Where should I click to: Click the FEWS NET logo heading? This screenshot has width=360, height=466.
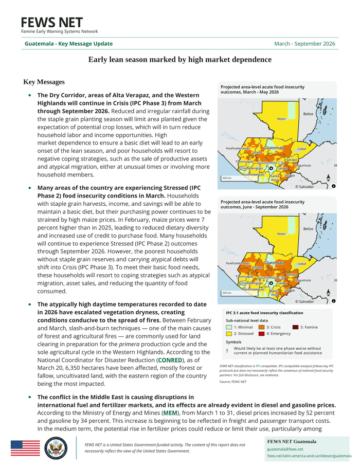click(51, 23)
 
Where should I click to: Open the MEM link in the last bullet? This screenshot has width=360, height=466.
click(170, 413)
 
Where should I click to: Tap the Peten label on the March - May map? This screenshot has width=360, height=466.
click(281, 119)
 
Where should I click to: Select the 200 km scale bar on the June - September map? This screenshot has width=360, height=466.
click(226, 293)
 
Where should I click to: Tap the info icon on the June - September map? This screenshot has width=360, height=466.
click(334, 301)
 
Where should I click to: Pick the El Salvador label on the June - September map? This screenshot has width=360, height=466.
click(304, 301)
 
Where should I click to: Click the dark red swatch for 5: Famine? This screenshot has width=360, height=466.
click(295, 327)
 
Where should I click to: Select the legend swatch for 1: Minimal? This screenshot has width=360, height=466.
click(229, 327)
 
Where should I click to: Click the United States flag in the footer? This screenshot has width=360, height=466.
click(25, 448)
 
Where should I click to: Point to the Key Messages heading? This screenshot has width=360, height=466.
click(44, 82)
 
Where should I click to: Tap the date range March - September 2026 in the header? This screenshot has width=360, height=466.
click(304, 44)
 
